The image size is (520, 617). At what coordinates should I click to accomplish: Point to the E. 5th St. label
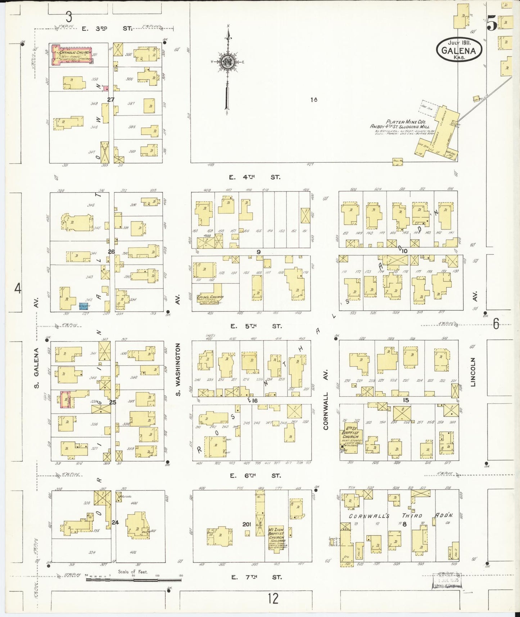click(x=256, y=326)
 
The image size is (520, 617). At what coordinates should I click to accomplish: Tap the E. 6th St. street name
click(x=256, y=476)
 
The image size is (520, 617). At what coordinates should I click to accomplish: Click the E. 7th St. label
click(x=256, y=577)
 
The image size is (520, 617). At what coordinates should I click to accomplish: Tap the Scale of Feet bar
click(x=133, y=580)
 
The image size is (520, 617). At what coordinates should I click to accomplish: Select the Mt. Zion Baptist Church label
click(x=276, y=539)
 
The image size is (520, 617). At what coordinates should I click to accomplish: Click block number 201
click(x=247, y=524)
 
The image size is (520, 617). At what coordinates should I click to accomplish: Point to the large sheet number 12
click(x=273, y=599)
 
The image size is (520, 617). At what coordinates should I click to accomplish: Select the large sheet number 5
click(x=492, y=24)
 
